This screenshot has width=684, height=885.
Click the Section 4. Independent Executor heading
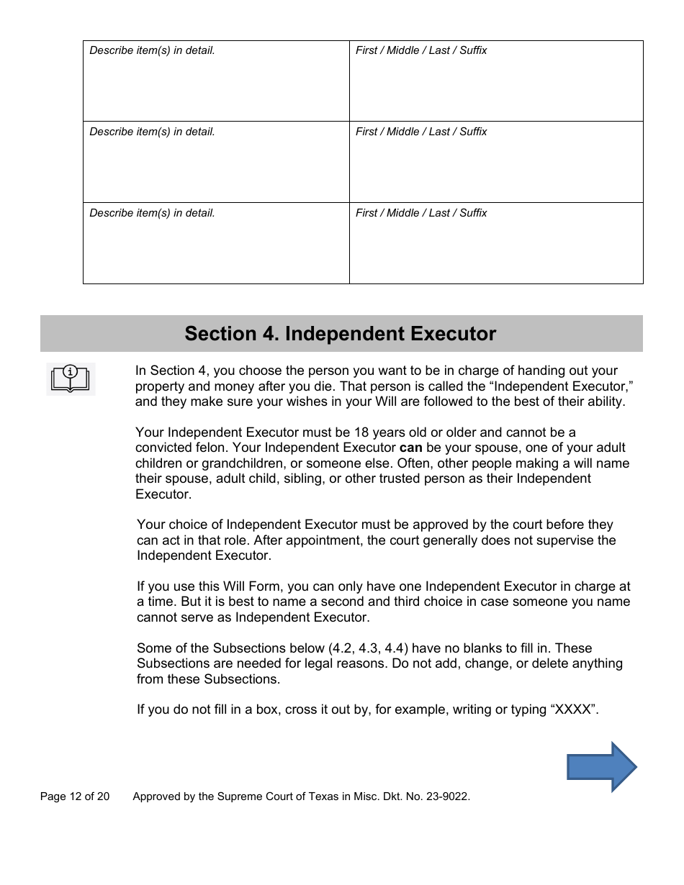(340, 334)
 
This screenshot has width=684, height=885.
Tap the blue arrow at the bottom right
(601, 767)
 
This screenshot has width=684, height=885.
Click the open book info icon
(70, 378)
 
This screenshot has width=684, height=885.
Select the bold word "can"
(410, 448)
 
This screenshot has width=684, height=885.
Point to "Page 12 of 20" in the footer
(75, 796)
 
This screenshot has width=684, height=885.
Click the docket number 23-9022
(446, 796)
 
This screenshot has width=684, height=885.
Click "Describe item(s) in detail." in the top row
(152, 50)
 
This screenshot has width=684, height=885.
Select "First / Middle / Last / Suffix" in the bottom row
(421, 213)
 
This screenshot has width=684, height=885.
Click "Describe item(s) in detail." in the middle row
(152, 132)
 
